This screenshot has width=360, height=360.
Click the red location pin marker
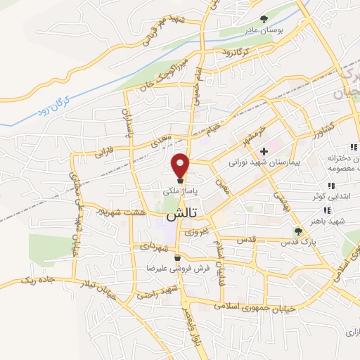point(181,165)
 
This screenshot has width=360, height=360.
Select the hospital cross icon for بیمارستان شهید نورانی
point(264,151)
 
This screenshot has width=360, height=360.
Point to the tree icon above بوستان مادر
point(264,19)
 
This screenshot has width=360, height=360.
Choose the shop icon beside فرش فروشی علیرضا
point(179,257)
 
